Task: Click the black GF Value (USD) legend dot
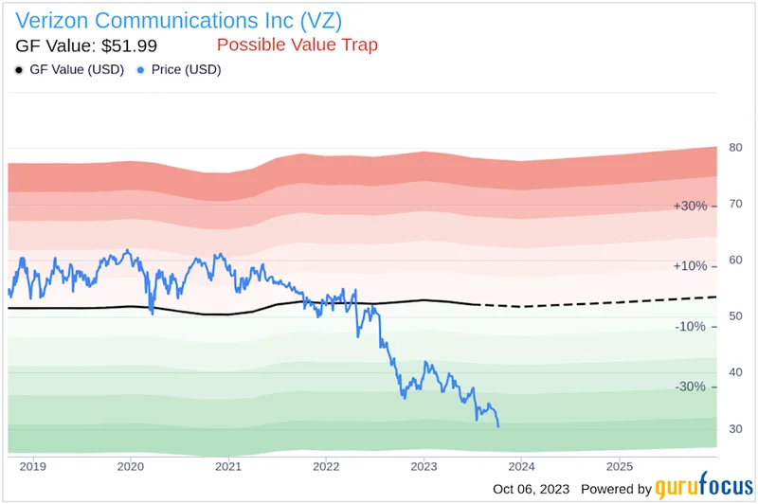click(x=21, y=70)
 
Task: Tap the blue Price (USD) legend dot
click(x=141, y=70)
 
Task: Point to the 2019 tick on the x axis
click(x=32, y=466)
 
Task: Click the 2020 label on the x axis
click(x=130, y=466)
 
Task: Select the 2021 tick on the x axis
click(x=227, y=466)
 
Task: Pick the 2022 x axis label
click(x=325, y=466)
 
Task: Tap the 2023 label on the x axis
click(x=423, y=466)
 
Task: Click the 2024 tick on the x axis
click(x=520, y=466)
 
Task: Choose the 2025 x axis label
click(x=618, y=466)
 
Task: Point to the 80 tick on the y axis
click(x=735, y=148)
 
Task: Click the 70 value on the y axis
click(x=735, y=204)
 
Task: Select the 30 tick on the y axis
click(x=735, y=428)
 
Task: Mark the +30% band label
click(x=689, y=206)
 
